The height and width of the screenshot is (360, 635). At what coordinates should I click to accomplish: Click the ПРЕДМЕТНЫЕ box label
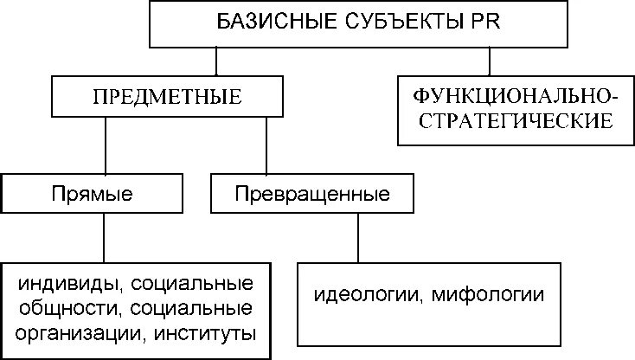[x=166, y=97]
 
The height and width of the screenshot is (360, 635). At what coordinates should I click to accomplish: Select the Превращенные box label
[x=312, y=194]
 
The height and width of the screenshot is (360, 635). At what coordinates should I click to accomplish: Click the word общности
[x=65, y=309]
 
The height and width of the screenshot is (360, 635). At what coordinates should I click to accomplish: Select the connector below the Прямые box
[x=105, y=235]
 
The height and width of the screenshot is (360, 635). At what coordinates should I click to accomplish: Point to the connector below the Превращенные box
[x=354, y=235]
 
